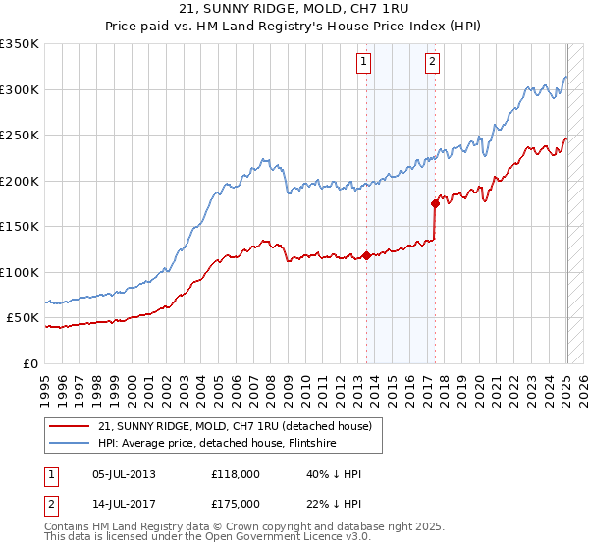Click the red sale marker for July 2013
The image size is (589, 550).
click(366, 255)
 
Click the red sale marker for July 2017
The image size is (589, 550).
click(435, 204)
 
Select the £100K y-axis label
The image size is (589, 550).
click(20, 272)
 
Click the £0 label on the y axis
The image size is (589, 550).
click(30, 363)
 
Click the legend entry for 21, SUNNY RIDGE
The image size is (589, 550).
click(234, 426)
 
